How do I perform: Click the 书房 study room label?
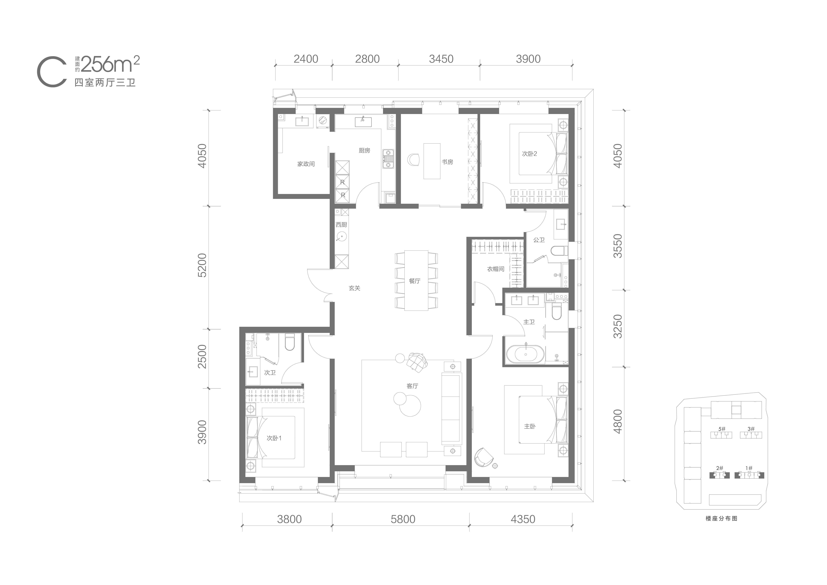click(x=447, y=162)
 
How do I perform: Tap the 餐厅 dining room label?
click(x=414, y=281)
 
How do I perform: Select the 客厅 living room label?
click(x=413, y=386)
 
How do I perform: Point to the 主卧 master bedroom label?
click(x=530, y=426)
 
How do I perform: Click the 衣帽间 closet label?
click(x=496, y=269)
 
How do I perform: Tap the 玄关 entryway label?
click(x=354, y=288)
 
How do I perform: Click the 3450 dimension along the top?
click(x=441, y=59)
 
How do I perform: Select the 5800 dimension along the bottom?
click(x=403, y=519)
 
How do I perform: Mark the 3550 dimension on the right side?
click(x=618, y=246)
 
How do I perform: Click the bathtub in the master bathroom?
click(x=525, y=354)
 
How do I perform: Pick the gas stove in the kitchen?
click(x=388, y=159)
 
